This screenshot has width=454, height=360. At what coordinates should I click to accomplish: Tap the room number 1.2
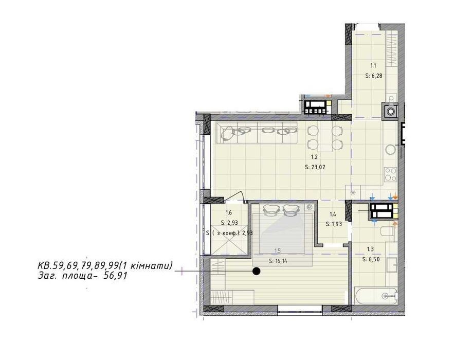point(315,157)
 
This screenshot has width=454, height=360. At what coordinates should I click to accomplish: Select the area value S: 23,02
point(315,167)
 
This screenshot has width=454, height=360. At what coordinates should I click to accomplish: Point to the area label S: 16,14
point(278,261)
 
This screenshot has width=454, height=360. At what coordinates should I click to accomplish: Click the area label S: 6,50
point(371,260)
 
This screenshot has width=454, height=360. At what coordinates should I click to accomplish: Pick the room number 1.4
point(333,214)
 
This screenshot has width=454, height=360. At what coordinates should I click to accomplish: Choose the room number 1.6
point(229,213)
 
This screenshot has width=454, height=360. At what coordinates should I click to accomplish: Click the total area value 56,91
point(115,276)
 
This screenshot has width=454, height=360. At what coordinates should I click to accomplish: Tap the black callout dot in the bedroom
point(256,271)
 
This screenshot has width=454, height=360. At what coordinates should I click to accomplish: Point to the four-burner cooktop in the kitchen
point(391,175)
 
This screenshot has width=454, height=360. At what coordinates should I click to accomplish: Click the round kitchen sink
point(390,150)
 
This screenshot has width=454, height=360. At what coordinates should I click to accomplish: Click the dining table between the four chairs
point(325,138)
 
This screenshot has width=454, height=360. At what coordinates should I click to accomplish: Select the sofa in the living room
point(257,132)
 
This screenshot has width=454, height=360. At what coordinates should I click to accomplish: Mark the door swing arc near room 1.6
point(236,194)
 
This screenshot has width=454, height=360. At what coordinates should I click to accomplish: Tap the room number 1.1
point(374,66)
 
